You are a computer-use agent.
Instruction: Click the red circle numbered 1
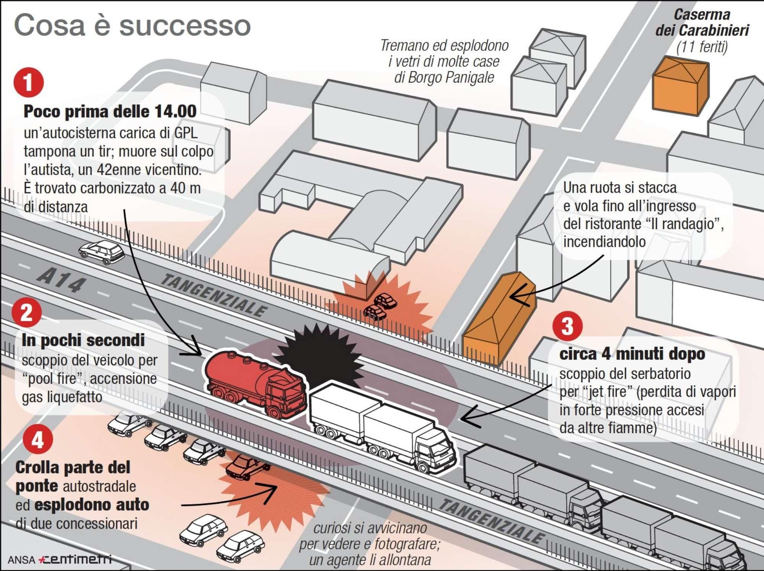point(29,82)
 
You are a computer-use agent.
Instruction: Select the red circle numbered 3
point(567,326)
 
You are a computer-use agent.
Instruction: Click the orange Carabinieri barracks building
point(680,86)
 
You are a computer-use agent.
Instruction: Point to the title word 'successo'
point(185,26)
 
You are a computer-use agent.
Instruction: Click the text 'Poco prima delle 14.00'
point(110,112)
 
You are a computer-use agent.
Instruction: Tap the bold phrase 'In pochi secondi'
point(83,340)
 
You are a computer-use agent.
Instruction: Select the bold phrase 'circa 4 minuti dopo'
point(632,354)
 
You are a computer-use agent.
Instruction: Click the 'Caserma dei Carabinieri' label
point(702,23)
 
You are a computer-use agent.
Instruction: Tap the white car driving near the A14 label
point(102,251)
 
